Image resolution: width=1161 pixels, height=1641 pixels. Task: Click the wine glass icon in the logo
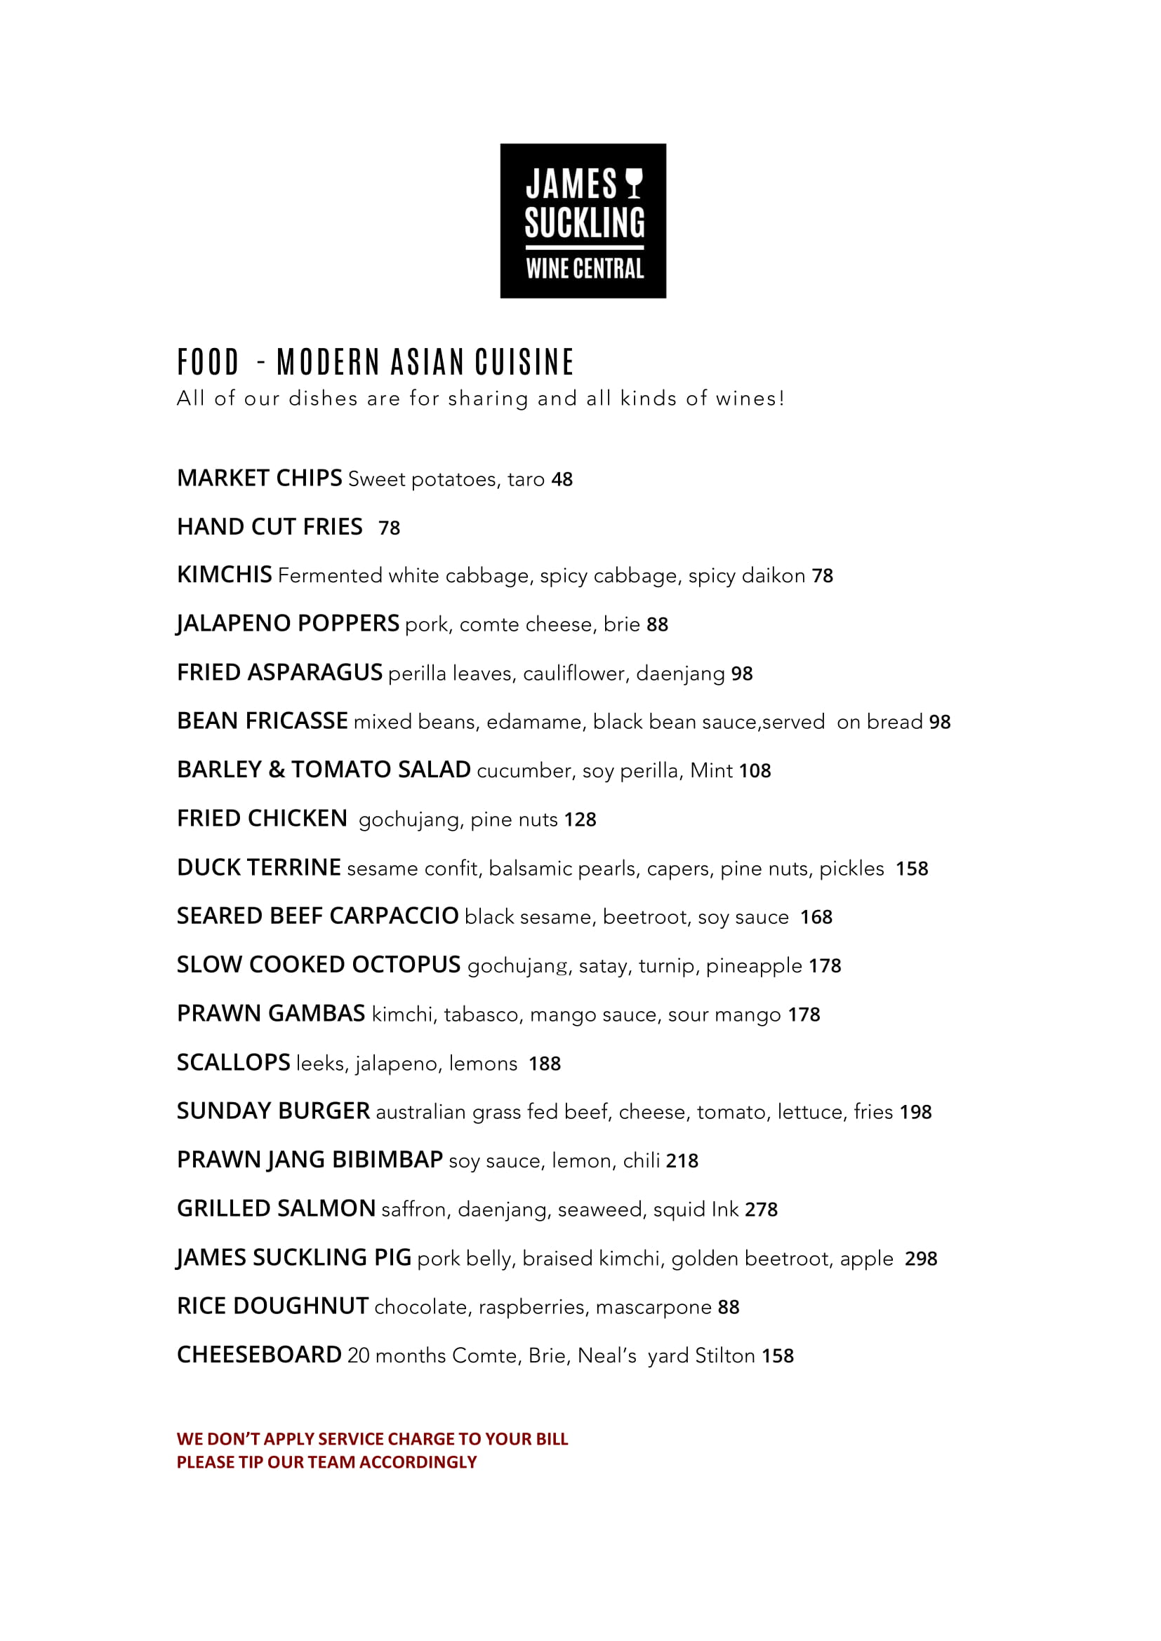click(634, 184)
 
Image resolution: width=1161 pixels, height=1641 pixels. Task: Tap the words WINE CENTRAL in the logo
click(584, 269)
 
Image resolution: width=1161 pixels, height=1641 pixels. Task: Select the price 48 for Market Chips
click(562, 480)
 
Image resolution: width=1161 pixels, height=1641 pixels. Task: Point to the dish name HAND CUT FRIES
click(270, 527)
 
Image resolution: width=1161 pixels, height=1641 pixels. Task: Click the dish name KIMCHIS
click(225, 575)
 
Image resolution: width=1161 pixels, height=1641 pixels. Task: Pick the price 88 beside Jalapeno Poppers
click(657, 624)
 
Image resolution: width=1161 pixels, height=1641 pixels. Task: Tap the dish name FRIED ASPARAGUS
click(279, 673)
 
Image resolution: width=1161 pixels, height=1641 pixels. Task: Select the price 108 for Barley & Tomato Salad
click(755, 770)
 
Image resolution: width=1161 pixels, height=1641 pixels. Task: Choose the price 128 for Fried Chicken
click(580, 819)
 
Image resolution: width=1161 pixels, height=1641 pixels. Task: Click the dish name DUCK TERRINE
click(259, 868)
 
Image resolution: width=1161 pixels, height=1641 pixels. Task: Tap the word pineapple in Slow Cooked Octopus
click(753, 966)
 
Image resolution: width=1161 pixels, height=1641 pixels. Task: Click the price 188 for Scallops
click(545, 1064)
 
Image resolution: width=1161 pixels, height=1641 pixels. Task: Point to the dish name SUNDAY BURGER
click(273, 1111)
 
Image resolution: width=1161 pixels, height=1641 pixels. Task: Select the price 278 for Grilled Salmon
click(761, 1210)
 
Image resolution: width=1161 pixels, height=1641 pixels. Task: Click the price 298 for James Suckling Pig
click(921, 1259)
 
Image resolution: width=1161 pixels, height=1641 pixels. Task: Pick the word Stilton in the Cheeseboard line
click(725, 1356)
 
